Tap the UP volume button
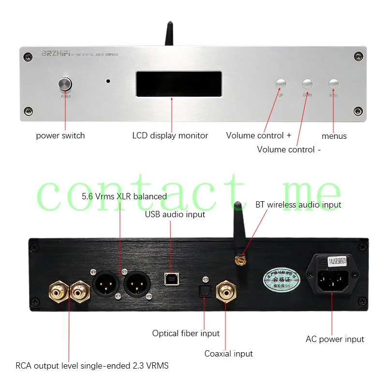(x=281, y=84)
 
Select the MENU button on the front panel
(x=334, y=84)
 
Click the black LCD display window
(x=179, y=84)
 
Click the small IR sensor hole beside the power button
(x=108, y=82)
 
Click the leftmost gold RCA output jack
(x=58, y=293)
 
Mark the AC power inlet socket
(x=332, y=279)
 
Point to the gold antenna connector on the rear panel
(x=239, y=261)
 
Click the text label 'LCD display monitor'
(x=170, y=135)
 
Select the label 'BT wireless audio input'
(x=298, y=205)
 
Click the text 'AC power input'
(x=335, y=339)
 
